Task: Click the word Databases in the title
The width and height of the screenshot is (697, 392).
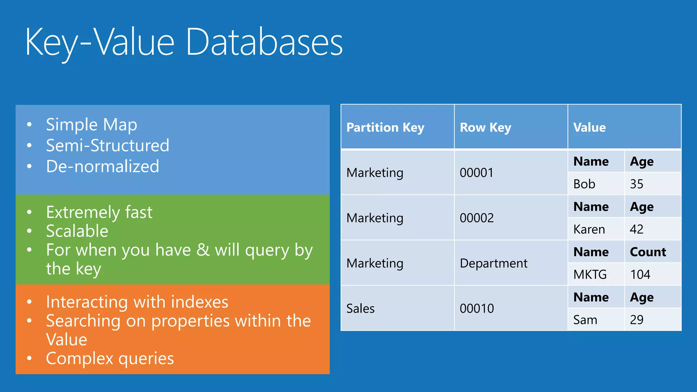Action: [264, 42]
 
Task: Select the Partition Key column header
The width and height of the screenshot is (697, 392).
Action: [385, 127]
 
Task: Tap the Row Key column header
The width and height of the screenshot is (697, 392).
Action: [485, 127]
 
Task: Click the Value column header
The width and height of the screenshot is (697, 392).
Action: [589, 127]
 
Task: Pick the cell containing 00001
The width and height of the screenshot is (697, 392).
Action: [476, 173]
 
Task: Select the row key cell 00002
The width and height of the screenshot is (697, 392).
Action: [476, 218]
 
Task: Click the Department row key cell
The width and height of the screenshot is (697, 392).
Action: [493, 263]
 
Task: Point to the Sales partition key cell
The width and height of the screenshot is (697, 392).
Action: [360, 308]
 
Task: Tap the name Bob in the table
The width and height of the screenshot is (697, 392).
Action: [584, 184]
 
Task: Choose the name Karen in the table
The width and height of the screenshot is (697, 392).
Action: [589, 229]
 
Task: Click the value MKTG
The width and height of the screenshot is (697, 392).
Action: [590, 274]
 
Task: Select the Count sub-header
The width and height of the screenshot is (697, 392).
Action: [648, 252]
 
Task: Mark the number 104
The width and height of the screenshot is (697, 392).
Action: [640, 274]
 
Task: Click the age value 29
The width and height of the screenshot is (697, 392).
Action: [636, 320]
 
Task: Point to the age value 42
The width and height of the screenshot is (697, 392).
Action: [636, 229]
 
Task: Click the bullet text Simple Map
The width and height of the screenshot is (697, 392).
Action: [91, 125]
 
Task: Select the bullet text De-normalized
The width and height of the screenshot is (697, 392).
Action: [102, 166]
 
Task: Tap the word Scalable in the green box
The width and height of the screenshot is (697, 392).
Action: [77, 231]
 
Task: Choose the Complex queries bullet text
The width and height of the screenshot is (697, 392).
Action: [110, 358]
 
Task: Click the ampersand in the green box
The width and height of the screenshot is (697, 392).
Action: [203, 250]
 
